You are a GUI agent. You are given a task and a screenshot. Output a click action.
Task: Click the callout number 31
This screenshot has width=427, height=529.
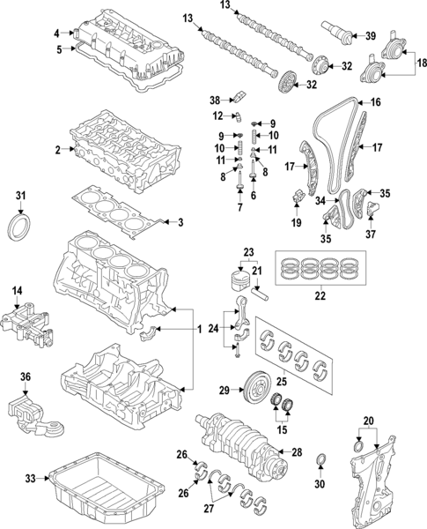click(21, 195)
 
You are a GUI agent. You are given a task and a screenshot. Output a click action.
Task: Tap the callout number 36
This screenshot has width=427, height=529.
click(26, 377)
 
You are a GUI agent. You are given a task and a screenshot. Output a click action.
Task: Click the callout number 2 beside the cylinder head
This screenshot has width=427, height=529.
click(57, 151)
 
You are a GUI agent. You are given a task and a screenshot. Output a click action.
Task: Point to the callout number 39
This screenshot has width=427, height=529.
click(370, 35)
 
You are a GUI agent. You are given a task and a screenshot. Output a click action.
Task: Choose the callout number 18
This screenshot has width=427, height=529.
click(421, 63)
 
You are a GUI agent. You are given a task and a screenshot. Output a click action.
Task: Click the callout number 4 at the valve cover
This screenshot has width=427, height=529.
click(57, 34)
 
